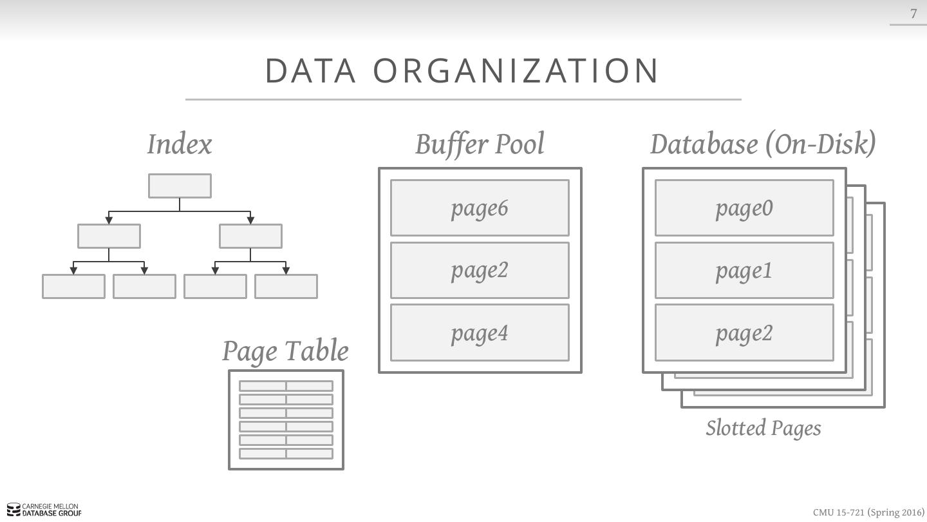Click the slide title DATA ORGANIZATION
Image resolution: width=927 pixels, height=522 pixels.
(462, 70)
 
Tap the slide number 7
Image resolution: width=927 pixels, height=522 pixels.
(913, 14)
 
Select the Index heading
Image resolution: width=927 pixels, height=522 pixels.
(179, 144)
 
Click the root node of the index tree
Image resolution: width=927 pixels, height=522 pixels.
(180, 186)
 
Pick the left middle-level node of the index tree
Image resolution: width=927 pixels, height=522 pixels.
(109, 236)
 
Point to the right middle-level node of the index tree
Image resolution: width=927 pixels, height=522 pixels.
(250, 236)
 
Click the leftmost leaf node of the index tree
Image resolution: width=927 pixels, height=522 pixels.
(73, 286)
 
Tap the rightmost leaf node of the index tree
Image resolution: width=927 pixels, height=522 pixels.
(286, 286)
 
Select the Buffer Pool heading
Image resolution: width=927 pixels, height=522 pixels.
(480, 144)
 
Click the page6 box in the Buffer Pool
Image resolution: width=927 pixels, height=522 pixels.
(480, 208)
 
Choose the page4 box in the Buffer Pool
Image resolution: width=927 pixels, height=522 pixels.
(480, 333)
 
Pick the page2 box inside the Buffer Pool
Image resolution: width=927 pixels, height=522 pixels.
(480, 270)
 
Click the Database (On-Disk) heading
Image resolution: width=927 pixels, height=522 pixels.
(763, 144)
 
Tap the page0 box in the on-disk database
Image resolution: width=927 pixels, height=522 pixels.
(744, 208)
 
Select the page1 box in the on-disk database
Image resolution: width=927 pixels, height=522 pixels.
(744, 270)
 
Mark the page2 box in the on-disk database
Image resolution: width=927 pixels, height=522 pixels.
(744, 333)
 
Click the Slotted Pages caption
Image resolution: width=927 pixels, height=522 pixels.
(763, 428)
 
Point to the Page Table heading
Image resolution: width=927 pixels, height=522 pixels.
(285, 351)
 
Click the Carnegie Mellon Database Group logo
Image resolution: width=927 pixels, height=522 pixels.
(44, 510)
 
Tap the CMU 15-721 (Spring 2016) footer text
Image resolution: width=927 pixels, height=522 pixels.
(868, 512)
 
